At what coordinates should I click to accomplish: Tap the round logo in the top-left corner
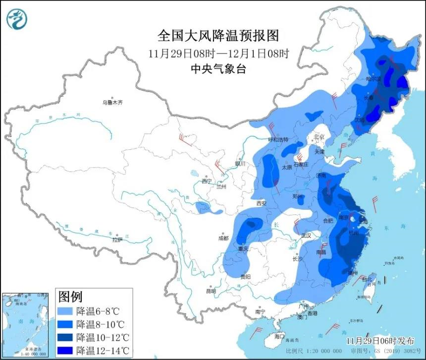[17, 19]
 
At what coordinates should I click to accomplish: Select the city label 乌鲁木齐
[112, 103]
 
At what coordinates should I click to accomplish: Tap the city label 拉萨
[117, 240]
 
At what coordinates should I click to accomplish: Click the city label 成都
[223, 238]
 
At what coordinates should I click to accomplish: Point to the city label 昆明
[211, 291]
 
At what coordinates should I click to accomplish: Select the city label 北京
[319, 137]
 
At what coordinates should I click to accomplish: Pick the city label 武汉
[306, 236]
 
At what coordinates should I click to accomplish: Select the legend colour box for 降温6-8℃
[66, 311]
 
